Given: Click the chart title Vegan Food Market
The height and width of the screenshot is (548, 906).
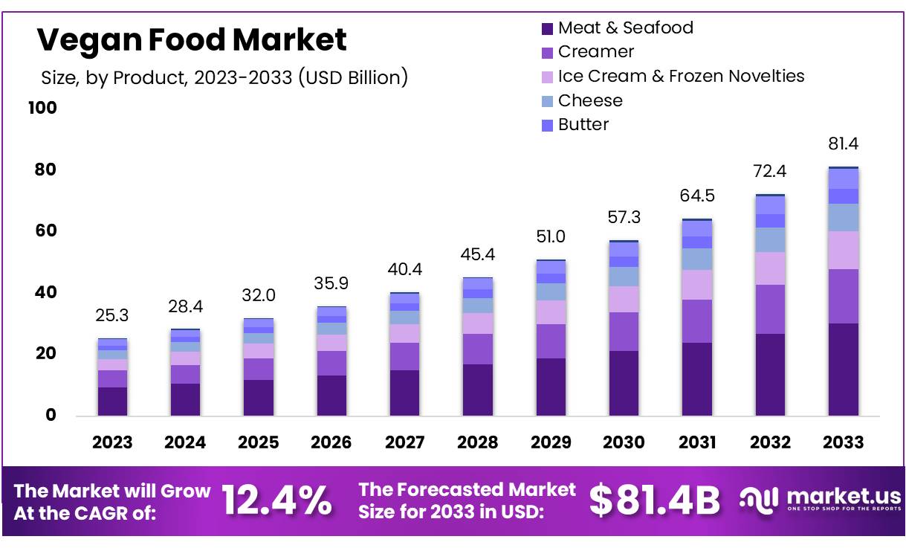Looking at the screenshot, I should pos(192,39).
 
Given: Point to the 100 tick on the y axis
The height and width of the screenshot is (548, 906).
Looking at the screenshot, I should pos(42,109).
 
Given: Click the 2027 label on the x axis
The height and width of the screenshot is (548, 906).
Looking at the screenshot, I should pos(404,442).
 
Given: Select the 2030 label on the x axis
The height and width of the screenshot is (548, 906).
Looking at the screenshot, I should pos(624,442).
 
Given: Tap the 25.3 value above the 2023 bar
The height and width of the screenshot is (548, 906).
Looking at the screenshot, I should pos(112,316).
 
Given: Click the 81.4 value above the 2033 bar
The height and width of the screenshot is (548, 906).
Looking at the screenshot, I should pos(844,144).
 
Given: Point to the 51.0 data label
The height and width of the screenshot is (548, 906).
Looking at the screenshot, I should pos(550,237).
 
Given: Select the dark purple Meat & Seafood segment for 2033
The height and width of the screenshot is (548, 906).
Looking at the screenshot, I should pos(844,370).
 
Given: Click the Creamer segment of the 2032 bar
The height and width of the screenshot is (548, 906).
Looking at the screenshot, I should pos(770,309).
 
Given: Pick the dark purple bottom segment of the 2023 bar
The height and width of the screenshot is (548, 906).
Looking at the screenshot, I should pos(112,402).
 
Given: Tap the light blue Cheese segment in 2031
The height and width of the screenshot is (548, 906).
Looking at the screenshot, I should pos(696,259).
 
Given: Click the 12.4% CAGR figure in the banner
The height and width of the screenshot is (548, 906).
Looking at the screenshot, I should pos(277,500).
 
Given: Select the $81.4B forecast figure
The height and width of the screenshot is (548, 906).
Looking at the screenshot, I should pos(654,500).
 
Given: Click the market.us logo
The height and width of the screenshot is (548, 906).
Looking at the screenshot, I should pos(820,500).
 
